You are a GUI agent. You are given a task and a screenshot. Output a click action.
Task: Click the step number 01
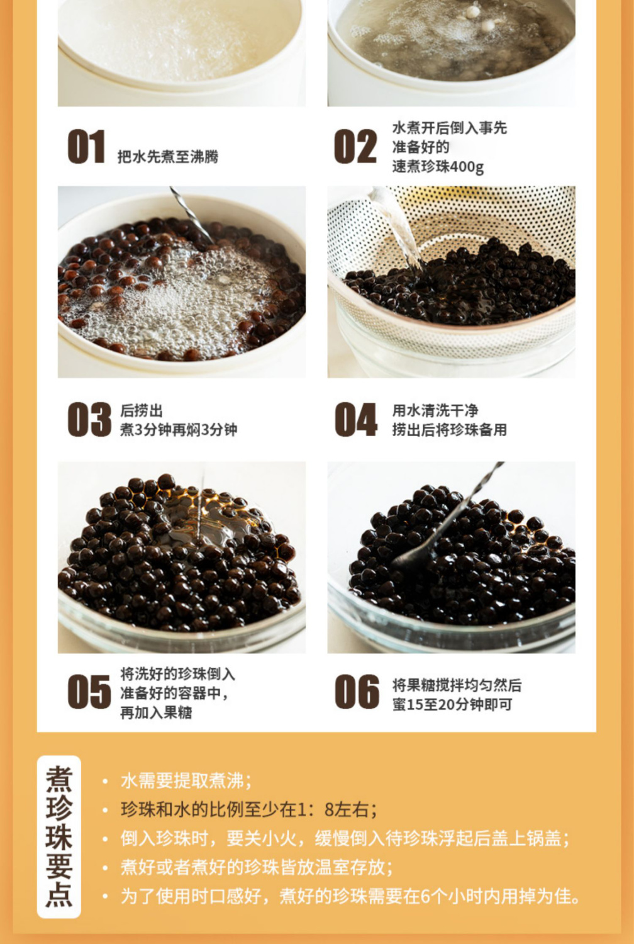tap(86, 146)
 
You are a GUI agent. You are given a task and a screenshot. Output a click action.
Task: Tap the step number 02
tap(355, 146)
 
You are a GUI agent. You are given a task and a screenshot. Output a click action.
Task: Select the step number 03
tap(89, 419)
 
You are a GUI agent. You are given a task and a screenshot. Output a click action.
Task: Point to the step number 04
tap(356, 419)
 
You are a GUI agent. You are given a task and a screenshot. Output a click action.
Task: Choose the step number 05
tap(89, 692)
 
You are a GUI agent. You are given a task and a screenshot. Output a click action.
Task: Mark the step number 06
tap(357, 692)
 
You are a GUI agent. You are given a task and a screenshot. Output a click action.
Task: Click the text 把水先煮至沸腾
tap(168, 156)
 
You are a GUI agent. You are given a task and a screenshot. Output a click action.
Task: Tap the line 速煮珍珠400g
tap(438, 167)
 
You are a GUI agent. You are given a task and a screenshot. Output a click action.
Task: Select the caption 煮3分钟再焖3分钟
tap(179, 429)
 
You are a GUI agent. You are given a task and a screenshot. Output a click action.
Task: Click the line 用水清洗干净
tap(435, 410)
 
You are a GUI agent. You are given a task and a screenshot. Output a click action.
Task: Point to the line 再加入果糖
tap(156, 712)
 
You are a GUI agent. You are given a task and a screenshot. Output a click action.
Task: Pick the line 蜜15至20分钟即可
tap(452, 704)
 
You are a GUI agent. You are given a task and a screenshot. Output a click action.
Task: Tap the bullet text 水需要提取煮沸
tap(186, 781)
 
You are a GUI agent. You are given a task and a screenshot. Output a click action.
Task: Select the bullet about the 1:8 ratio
tap(249, 809)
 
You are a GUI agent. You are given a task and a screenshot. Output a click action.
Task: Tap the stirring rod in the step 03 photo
tap(192, 215)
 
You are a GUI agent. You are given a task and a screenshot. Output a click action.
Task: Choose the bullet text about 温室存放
tap(257, 867)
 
